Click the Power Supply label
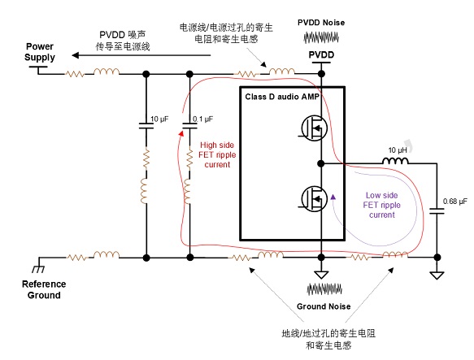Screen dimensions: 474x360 (x=40, y=52)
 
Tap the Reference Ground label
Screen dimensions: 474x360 (x=44, y=289)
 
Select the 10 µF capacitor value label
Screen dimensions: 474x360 (x=159, y=119)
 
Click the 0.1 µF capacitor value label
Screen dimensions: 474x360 (x=202, y=119)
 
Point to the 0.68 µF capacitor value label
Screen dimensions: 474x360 (x=455, y=201)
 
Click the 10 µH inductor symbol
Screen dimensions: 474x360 (x=395, y=161)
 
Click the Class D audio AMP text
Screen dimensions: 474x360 (x=282, y=97)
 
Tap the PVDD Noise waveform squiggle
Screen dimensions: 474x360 (x=321, y=37)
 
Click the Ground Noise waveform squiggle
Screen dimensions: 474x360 (x=324, y=289)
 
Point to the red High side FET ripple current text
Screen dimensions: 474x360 (x=217, y=154)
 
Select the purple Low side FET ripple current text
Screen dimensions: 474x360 (x=382, y=205)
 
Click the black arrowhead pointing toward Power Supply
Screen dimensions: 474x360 (x=75, y=55)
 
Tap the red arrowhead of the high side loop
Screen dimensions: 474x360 (x=181, y=133)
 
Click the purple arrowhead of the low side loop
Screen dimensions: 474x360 (x=333, y=197)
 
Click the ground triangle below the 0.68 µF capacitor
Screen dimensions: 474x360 (x=437, y=275)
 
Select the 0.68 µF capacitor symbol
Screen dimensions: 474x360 (x=437, y=211)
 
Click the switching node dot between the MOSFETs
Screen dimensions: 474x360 (x=321, y=164)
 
